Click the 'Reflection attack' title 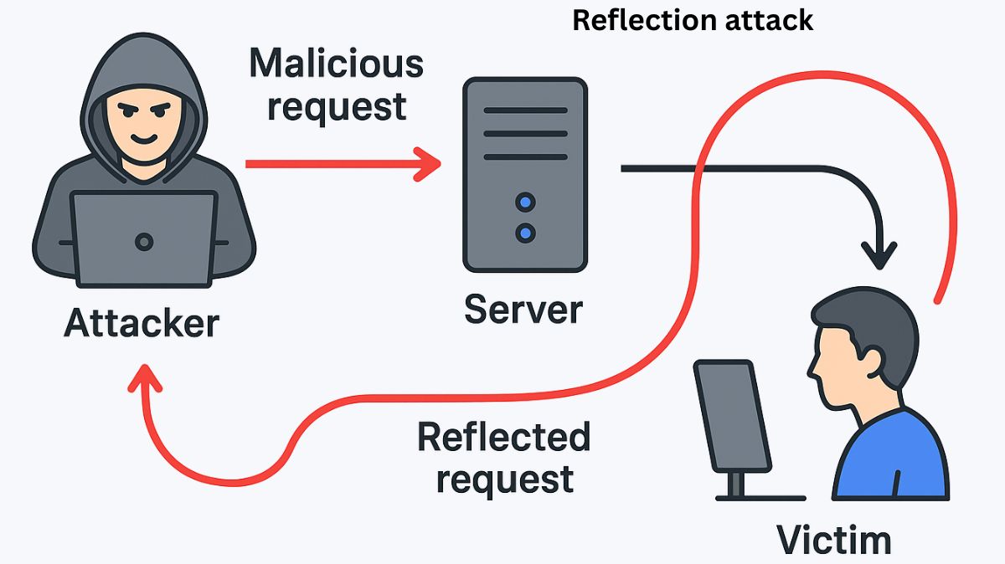tap(693, 20)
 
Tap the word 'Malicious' tap(336, 64)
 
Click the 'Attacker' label tap(142, 323)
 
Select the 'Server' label tap(523, 310)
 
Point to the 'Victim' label tap(833, 540)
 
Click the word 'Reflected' tap(503, 437)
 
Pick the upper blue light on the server tap(525, 202)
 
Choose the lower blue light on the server tap(525, 233)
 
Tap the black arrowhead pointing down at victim tap(879, 254)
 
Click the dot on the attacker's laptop tap(144, 242)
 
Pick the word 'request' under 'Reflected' tap(505, 479)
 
